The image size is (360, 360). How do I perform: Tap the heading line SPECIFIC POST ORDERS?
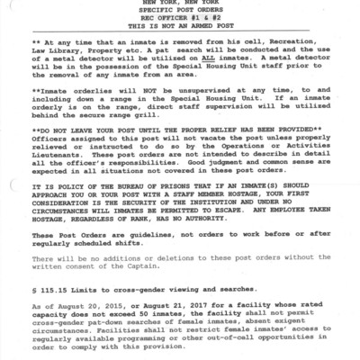pos(180,13)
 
